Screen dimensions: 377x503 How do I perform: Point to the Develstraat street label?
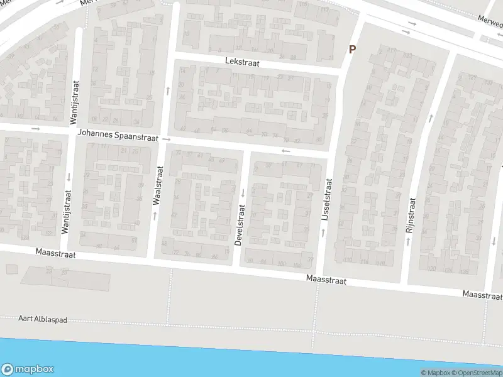click(x=240, y=224)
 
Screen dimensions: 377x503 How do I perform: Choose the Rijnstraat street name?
click(x=412, y=216)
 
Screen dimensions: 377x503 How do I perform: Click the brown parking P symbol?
click(x=352, y=49)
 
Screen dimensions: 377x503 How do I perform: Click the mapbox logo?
click(x=28, y=369)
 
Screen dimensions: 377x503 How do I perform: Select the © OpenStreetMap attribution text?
click(x=478, y=373)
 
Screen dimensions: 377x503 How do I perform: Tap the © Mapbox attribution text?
click(x=435, y=373)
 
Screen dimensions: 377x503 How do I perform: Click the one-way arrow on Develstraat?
click(x=242, y=192)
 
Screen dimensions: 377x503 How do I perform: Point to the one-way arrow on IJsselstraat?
click(x=324, y=232)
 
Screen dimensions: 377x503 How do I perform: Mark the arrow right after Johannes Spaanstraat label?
click(x=167, y=138)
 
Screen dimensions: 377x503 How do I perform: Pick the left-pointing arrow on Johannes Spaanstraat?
click(x=286, y=151)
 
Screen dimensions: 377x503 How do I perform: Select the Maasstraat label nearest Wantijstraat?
click(x=56, y=254)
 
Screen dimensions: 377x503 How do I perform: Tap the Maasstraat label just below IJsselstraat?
click(x=326, y=280)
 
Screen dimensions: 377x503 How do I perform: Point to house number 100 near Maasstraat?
click(x=280, y=264)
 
